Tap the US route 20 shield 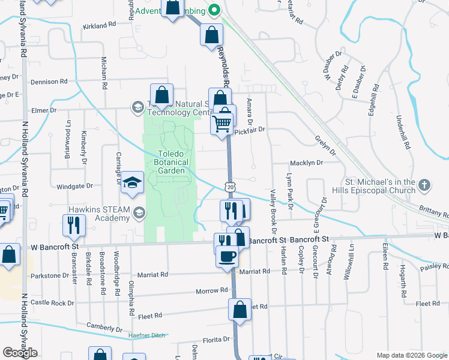click(230, 187)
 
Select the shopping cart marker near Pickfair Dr click(221, 124)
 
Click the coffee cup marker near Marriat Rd click(226, 256)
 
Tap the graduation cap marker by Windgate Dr click(131, 184)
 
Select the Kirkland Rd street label click(99, 26)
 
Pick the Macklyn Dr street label click(306, 163)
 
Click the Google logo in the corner click(20, 353)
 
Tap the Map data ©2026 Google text click(411, 355)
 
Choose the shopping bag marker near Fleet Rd click(239, 310)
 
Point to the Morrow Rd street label click(212, 290)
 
